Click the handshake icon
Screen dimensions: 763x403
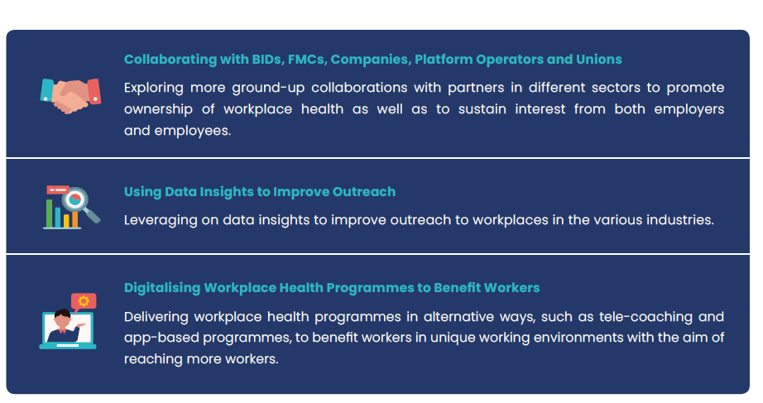pos(70,96)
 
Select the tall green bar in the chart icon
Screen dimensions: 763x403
pos(49,213)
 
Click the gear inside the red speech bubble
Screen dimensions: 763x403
pos(84,301)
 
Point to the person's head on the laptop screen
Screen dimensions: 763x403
pos(62,319)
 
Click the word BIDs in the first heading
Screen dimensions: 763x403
pos(266,60)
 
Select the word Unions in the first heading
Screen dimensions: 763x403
pos(599,60)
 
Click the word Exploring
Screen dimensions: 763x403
pos(154,88)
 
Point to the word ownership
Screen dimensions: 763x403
pos(158,109)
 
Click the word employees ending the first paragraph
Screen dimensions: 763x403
pos(193,131)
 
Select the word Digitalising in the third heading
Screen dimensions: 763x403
pos(162,288)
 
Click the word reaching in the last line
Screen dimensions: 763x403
pos(153,360)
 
